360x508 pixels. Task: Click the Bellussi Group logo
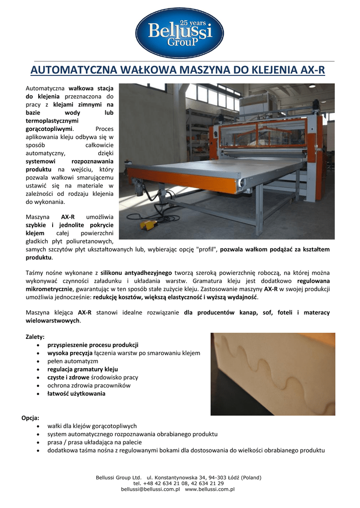click(180, 33)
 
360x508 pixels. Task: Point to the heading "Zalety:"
click(35, 336)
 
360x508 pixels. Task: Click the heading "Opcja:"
click(30, 418)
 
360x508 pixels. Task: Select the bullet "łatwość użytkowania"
click(76, 393)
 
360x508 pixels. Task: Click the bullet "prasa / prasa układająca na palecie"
click(94, 442)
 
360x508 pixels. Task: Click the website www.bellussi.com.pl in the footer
click(209, 489)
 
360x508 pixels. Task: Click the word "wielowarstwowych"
click(52, 320)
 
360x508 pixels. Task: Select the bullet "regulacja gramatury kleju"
click(82, 369)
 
